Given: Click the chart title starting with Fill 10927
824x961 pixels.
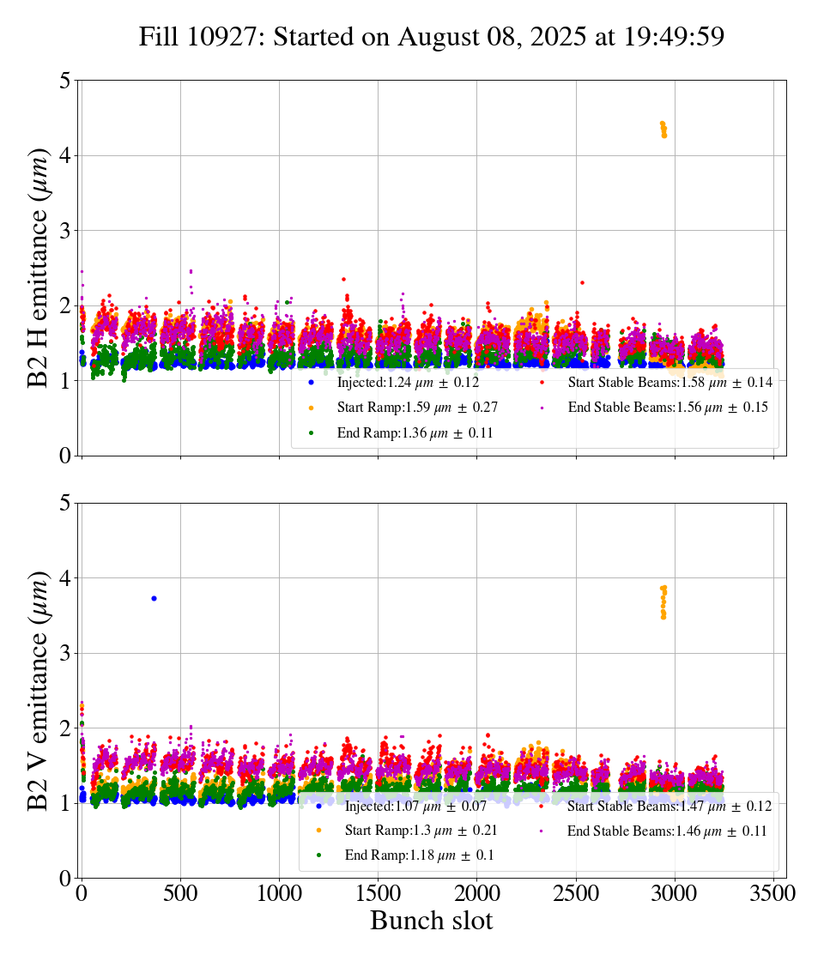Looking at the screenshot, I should coord(432,37).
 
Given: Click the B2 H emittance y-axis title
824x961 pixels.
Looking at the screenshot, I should coord(39,268).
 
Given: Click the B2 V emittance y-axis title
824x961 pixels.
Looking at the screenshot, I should coord(39,690).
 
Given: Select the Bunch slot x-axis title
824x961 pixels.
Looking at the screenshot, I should coord(432,922).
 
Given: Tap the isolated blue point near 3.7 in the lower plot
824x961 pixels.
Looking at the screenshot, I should coord(154,598).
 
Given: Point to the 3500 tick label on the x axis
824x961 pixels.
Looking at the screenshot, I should coord(773,893).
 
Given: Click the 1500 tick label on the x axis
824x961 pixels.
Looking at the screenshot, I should coord(378,893).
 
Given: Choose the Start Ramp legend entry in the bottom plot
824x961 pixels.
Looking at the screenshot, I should coord(421,831).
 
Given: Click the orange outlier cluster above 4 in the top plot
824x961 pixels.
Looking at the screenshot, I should coord(663,130).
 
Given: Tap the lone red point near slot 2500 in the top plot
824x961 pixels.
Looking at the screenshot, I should coord(582,282).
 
